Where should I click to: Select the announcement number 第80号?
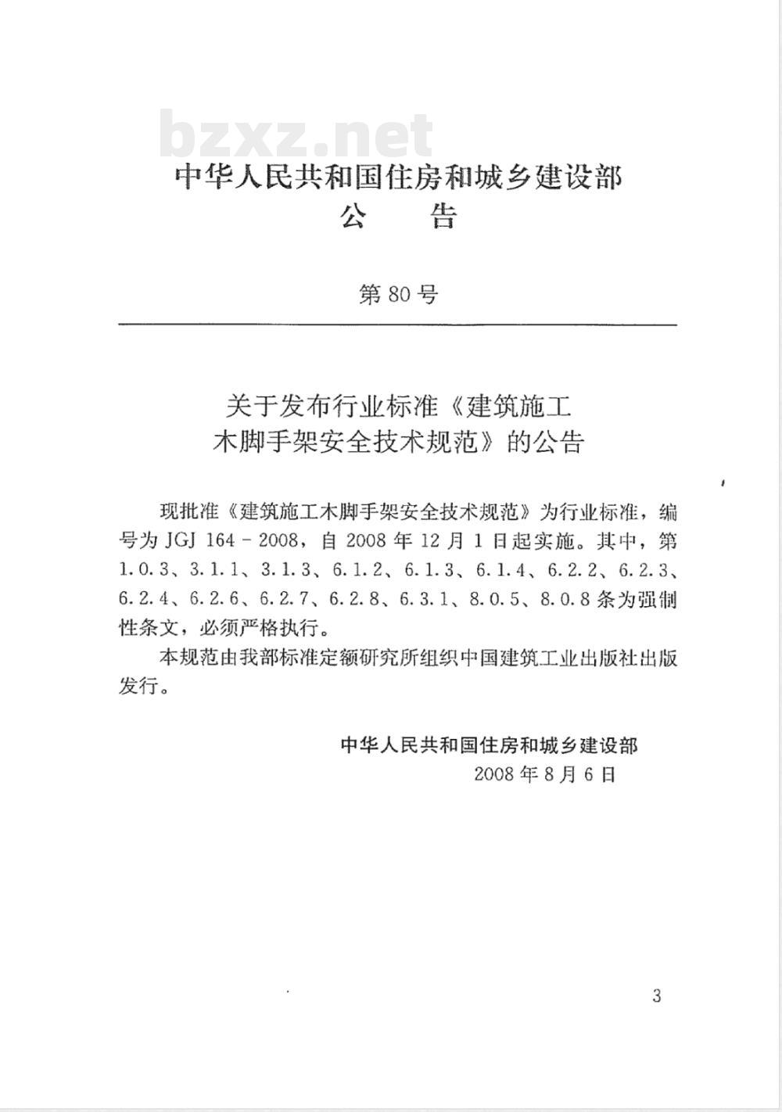point(398,295)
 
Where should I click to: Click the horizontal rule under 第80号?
point(397,324)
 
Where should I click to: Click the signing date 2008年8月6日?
point(545,774)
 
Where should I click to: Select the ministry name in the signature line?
point(489,744)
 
